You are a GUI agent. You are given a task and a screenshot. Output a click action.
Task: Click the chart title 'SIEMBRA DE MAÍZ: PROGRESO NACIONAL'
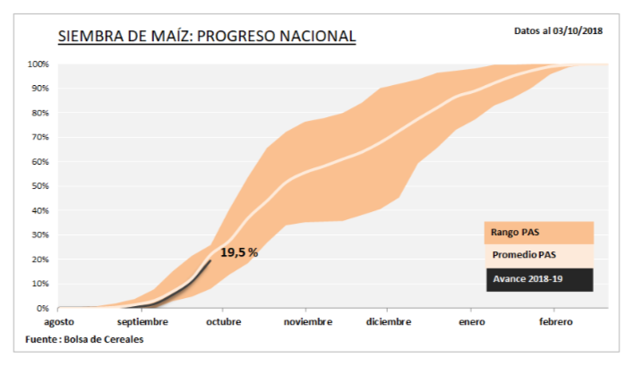207,37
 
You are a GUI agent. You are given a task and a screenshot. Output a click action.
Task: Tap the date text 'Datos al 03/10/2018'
558,30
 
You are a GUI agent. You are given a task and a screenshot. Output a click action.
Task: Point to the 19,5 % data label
239,253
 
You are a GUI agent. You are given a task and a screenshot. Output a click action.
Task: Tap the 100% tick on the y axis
38,64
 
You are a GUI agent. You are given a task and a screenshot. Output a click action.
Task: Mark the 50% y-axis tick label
39,186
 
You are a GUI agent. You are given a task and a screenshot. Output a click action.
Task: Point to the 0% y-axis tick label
42,308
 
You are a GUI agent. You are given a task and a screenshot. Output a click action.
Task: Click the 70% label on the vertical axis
39,138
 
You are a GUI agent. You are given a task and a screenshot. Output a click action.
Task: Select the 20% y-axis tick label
39,260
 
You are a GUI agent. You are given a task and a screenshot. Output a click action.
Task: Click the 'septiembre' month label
142,322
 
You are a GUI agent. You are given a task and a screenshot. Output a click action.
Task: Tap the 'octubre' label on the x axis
223,322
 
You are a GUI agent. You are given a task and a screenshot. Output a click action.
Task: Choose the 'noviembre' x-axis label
306,322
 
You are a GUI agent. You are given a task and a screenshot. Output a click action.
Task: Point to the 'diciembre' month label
389,322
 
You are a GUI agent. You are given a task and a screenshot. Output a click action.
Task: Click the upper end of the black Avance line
210,260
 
